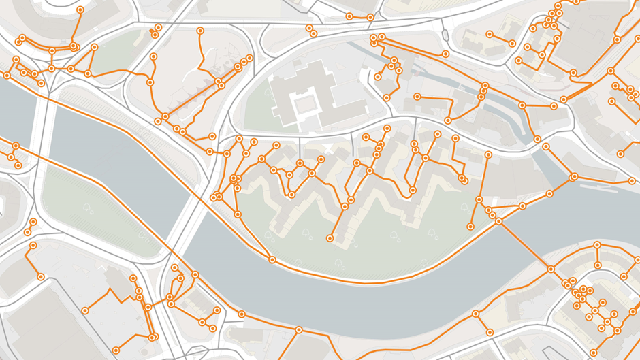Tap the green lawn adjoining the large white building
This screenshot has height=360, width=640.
[257, 109]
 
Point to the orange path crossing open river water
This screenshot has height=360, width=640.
[524, 245]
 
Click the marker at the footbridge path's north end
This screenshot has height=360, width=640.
[499, 221]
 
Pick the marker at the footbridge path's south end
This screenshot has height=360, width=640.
[550, 269]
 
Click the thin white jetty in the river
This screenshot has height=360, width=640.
[599, 185]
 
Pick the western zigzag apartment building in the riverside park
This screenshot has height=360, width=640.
[286, 197]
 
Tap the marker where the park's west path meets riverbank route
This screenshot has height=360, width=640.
[272, 260]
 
